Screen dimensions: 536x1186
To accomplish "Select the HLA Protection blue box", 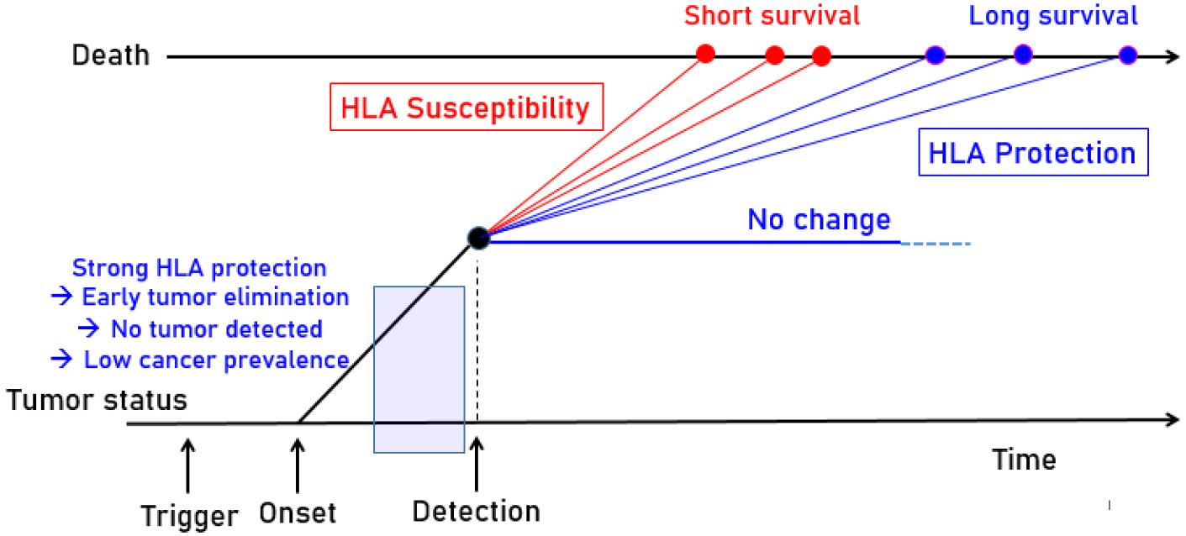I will (1031, 154).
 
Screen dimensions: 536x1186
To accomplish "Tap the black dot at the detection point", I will (478, 239).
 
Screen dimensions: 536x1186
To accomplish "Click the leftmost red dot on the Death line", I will (706, 55).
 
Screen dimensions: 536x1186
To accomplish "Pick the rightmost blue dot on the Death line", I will (1127, 55).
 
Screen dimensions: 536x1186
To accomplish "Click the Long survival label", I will (1053, 16).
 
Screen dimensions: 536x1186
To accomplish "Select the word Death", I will (110, 56).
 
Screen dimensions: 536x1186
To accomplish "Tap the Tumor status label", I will (98, 400).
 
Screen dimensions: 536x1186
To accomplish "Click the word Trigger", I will (189, 515).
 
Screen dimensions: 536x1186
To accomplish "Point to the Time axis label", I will (1023, 460).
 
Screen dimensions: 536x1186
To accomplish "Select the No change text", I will (819, 220).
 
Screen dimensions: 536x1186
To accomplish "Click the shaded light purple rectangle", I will (419, 369).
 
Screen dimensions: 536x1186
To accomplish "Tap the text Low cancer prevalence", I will (216, 360).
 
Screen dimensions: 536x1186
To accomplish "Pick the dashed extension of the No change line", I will (936, 244).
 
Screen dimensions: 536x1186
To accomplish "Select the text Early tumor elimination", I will (215, 297).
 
